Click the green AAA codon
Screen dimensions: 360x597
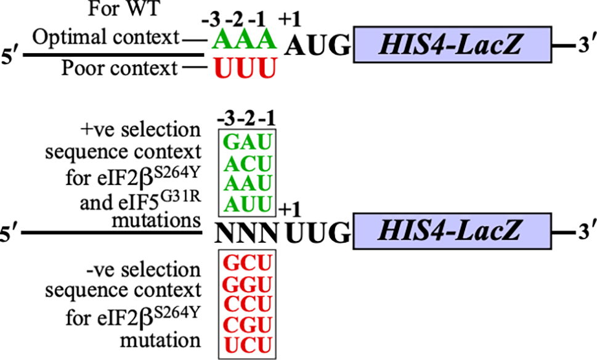pos(242,40)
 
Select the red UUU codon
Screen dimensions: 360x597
pos(242,67)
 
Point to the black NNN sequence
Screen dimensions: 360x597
pos(247,233)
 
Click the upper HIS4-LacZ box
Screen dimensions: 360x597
pos(451,44)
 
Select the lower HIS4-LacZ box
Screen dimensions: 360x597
pos(451,232)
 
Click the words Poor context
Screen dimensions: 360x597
pos(119,68)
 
